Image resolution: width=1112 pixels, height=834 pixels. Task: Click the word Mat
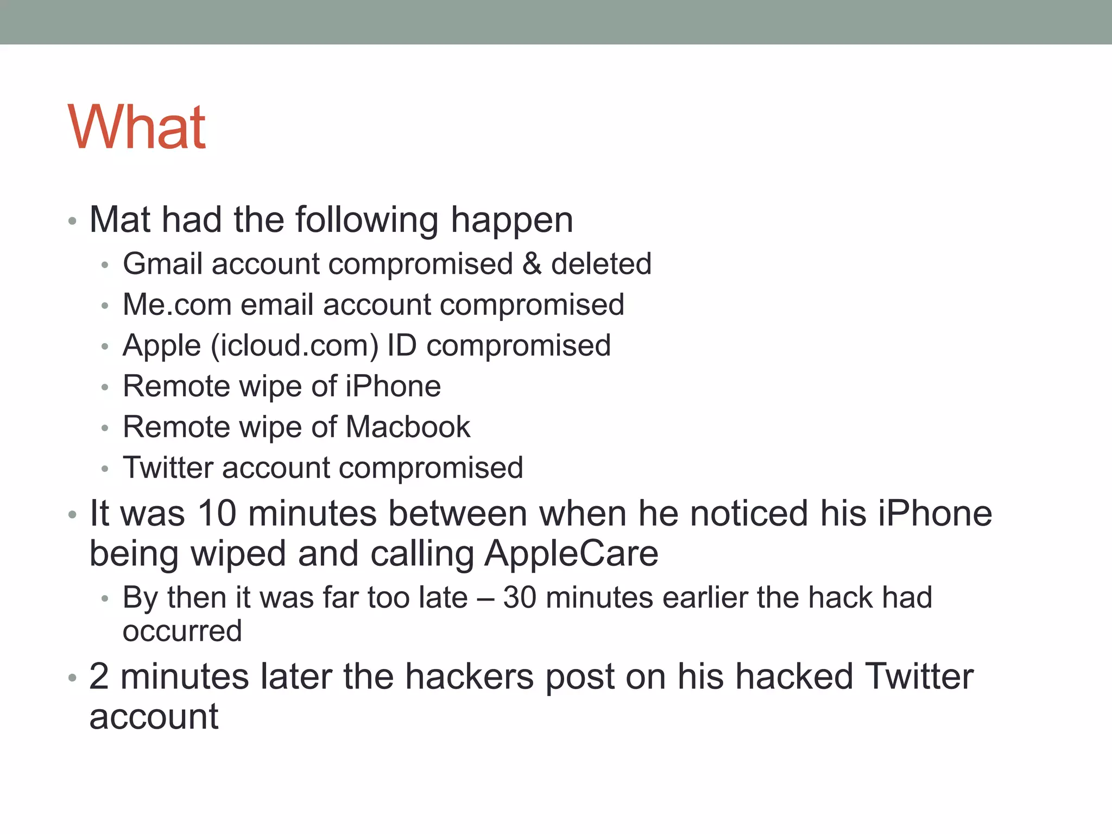click(x=119, y=220)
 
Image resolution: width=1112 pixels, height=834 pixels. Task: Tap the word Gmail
click(x=161, y=264)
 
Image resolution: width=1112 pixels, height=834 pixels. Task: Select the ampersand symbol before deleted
click(x=532, y=264)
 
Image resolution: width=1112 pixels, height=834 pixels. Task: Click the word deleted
click(x=601, y=264)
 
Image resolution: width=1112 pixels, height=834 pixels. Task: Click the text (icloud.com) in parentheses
click(x=294, y=346)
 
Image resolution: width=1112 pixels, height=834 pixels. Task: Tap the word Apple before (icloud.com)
click(x=162, y=346)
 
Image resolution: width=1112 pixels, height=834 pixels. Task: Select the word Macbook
click(x=408, y=427)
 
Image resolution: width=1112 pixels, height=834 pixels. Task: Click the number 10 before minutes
click(x=217, y=514)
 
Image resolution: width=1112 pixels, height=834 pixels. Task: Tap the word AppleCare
click(x=571, y=554)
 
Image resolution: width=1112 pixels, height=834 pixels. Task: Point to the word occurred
click(x=182, y=631)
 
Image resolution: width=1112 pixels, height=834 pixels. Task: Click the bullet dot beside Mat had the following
click(x=72, y=221)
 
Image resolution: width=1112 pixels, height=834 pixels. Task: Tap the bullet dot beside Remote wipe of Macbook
click(x=105, y=428)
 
